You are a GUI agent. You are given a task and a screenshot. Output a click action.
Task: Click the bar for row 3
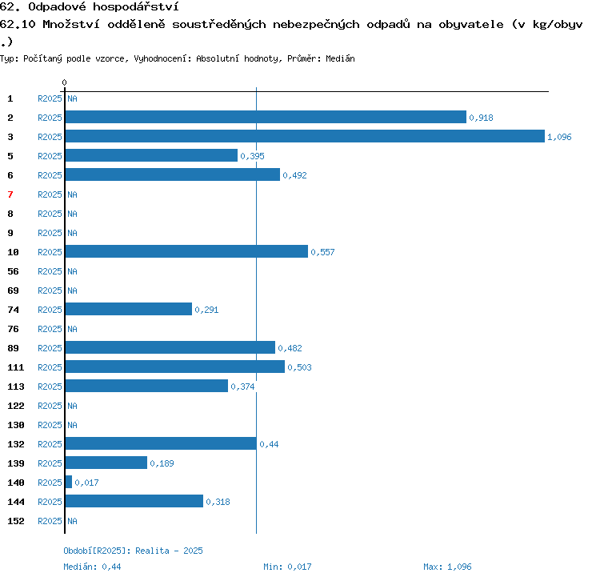coord(305,136)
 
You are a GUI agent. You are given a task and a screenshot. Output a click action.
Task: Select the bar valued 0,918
coord(266,117)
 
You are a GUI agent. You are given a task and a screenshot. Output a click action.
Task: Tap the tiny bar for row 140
coord(69,482)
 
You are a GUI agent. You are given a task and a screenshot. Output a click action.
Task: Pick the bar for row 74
coord(129,309)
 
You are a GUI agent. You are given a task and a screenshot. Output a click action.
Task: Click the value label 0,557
coord(322,252)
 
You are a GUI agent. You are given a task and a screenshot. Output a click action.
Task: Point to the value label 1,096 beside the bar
coord(559,137)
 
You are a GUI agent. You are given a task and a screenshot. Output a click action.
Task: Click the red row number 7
coord(10,194)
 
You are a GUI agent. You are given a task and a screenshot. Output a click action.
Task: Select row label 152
coord(16,521)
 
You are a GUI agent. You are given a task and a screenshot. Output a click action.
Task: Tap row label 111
coord(16,367)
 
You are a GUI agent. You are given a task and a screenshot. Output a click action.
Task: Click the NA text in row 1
coord(72,98)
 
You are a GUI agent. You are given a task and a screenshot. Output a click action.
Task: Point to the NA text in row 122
coord(72,406)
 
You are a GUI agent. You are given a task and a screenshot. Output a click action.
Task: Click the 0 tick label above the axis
coord(64,82)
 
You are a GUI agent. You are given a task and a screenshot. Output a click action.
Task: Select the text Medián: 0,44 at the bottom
coord(92,567)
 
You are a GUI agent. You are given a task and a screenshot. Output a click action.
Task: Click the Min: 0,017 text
coord(287,567)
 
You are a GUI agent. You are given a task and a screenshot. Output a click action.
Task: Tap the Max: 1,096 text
coord(447,567)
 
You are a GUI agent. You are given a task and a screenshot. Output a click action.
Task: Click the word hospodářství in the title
coord(136,7)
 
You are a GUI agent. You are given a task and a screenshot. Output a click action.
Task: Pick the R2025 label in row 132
coord(50,444)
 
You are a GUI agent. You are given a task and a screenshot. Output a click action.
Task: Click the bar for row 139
coord(106,463)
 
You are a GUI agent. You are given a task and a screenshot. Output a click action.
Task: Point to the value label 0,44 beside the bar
coord(269,444)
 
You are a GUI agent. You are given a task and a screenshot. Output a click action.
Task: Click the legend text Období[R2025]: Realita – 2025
coord(133,551)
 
